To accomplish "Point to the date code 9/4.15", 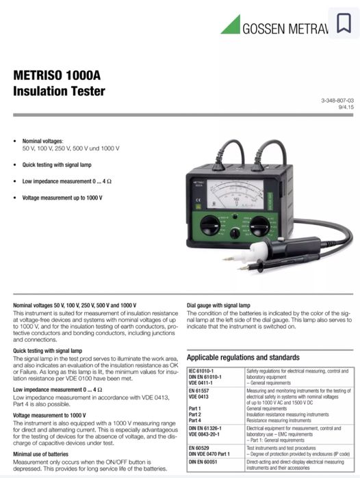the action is [x=346, y=107].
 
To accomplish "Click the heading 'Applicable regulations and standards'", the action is [x=243, y=357].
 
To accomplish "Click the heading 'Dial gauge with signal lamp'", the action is [x=218, y=304].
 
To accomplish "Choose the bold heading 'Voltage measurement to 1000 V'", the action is [x=50, y=414].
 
